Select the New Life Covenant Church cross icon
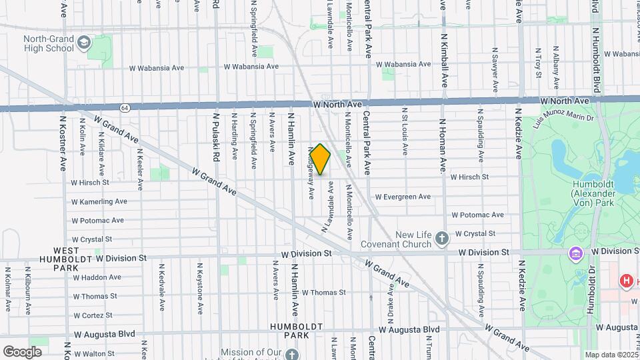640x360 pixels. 441,239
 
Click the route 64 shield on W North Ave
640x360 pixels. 125,107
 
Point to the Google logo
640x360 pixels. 22,351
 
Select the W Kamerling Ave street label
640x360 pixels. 99,201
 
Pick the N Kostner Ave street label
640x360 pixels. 63,143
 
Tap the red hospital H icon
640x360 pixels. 626,281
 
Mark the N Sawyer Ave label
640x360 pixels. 495,70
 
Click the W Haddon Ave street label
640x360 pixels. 97,277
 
